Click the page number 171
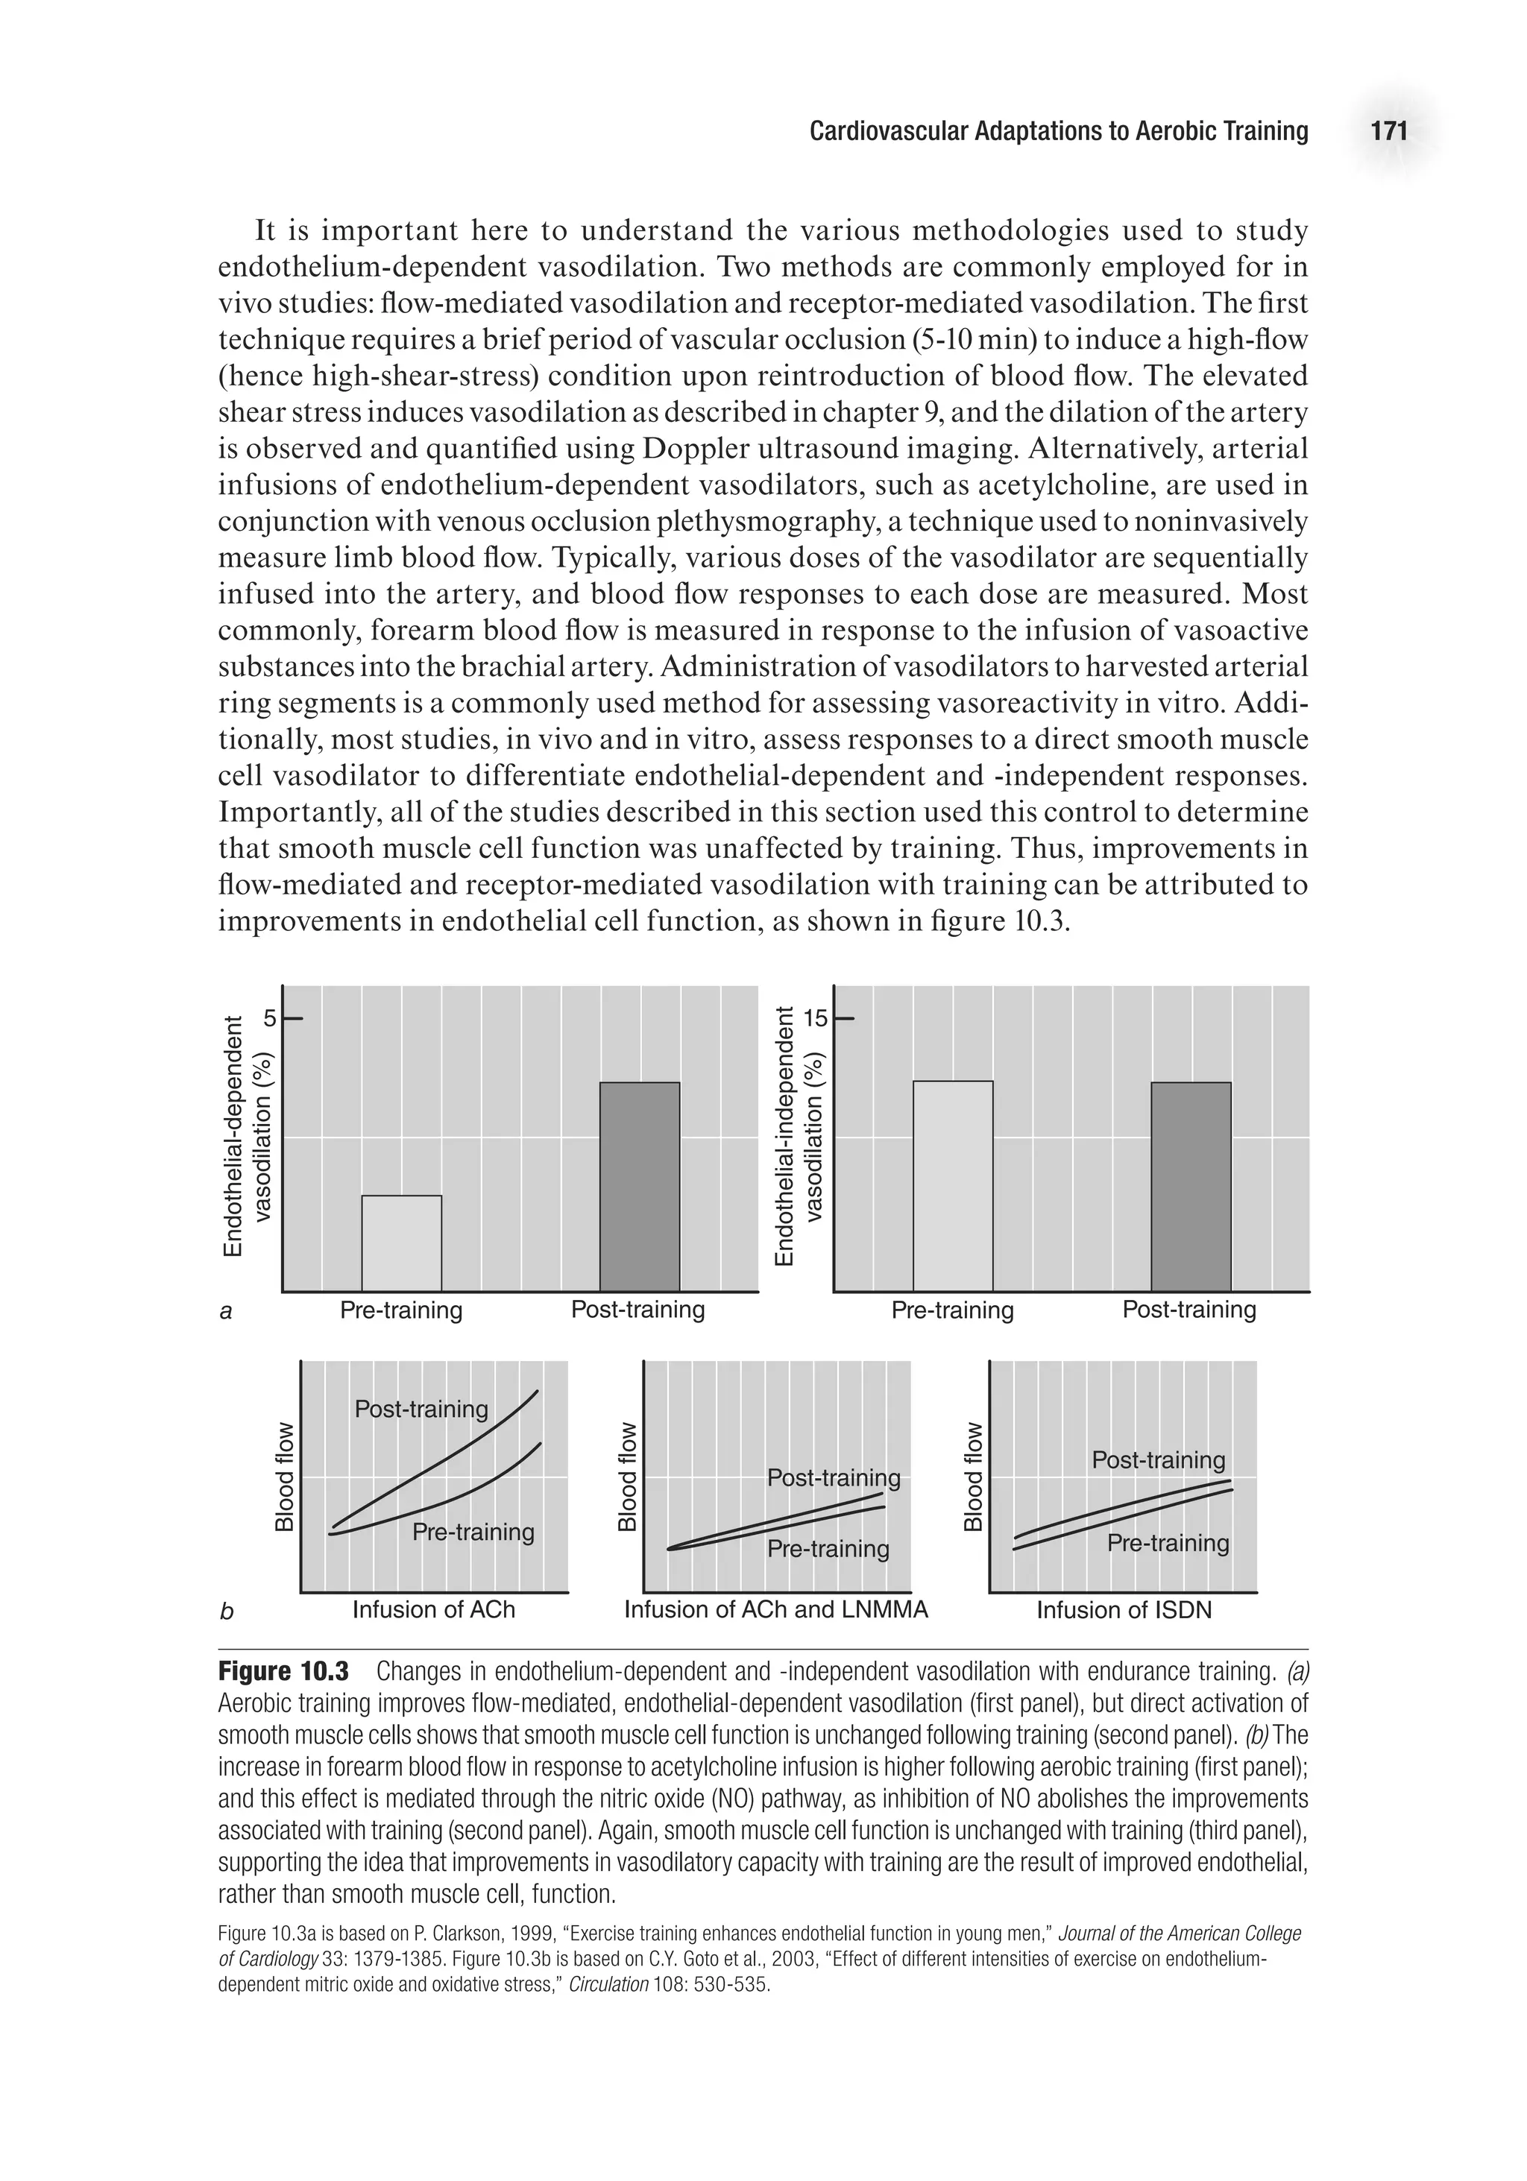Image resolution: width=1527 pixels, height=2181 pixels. click(1388, 131)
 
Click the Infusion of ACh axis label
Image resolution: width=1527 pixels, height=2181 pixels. click(433, 1609)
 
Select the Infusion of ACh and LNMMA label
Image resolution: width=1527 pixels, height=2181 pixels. click(775, 1609)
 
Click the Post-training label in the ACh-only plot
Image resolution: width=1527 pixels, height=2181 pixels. click(421, 1408)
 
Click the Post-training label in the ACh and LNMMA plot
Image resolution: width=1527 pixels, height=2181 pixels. click(834, 1477)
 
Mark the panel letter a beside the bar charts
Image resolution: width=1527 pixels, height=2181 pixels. click(226, 1313)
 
